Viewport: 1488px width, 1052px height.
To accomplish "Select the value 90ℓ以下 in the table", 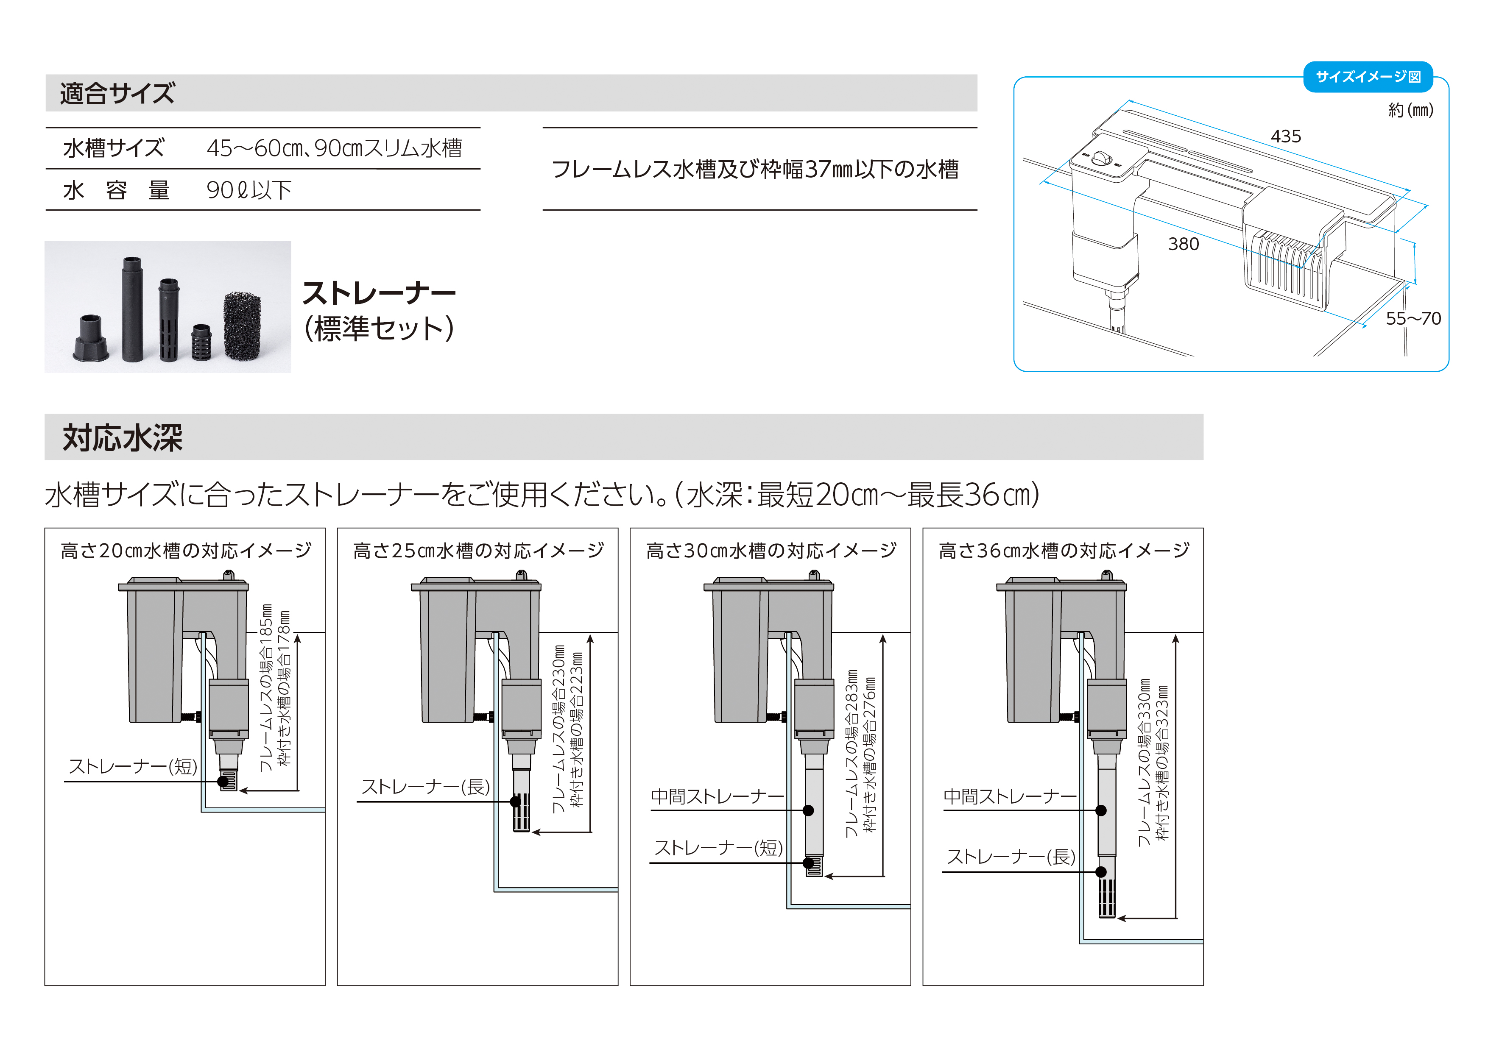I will tap(249, 190).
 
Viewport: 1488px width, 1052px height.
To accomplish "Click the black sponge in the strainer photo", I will tap(243, 326).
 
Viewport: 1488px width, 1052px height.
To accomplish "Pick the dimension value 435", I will tap(1286, 136).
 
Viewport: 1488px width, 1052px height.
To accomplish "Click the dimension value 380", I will tap(1184, 244).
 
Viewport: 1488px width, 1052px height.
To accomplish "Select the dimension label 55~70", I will tap(1413, 319).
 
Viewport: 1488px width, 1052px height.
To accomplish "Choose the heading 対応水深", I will tap(123, 438).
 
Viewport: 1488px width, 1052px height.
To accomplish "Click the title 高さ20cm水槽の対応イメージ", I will tap(186, 551).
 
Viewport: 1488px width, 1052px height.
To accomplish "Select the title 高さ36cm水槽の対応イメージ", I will tap(1064, 551).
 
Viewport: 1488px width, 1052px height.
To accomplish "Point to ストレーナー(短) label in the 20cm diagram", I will tap(133, 766).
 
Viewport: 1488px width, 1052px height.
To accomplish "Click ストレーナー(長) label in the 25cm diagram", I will tap(425, 787).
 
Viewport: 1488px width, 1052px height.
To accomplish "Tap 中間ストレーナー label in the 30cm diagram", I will tap(717, 796).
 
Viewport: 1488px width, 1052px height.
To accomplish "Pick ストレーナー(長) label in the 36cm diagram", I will tap(1011, 857).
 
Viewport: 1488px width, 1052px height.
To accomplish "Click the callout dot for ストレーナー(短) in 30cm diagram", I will tap(808, 863).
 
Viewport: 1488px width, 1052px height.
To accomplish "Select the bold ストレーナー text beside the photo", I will tap(379, 293).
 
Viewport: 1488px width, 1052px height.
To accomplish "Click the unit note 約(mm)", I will tap(1410, 110).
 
